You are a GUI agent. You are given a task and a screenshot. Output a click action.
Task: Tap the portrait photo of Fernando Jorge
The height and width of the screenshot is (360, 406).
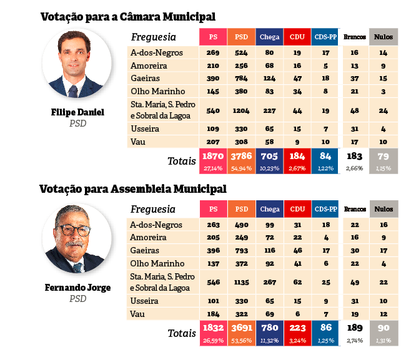pos(76,238)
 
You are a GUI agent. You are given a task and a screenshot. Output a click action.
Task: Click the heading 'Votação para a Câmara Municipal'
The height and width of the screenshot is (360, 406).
pos(132,16)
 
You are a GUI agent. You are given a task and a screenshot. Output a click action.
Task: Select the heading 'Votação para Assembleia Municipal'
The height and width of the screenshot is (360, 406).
pos(132,188)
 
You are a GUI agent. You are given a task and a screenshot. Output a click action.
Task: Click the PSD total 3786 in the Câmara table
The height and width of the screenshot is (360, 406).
pos(242,156)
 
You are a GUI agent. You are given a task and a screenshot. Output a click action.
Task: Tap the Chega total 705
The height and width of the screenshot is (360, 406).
pos(269,156)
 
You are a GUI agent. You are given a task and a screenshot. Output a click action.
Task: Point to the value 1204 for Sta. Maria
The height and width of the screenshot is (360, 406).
pos(242,110)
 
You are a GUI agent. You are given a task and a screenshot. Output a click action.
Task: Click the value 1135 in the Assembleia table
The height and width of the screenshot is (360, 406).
pos(242,283)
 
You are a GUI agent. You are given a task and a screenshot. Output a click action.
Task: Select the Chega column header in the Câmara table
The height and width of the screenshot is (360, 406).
pos(269,37)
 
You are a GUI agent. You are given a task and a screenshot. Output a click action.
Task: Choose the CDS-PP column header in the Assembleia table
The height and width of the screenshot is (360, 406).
pos(325,210)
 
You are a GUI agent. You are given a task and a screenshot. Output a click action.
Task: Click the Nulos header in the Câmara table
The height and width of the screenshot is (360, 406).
pos(383,37)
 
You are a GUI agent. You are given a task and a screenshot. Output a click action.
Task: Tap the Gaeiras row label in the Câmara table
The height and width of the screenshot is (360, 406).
pos(145,79)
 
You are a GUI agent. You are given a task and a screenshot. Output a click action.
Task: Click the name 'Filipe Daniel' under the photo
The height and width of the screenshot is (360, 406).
pos(77,113)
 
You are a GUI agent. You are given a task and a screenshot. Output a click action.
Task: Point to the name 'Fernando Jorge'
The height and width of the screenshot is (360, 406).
pos(77,288)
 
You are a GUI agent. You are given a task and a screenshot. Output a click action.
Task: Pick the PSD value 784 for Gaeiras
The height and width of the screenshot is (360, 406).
pos(242,79)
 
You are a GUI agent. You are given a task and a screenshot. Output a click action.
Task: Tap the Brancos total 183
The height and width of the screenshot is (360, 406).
pos(354,156)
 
